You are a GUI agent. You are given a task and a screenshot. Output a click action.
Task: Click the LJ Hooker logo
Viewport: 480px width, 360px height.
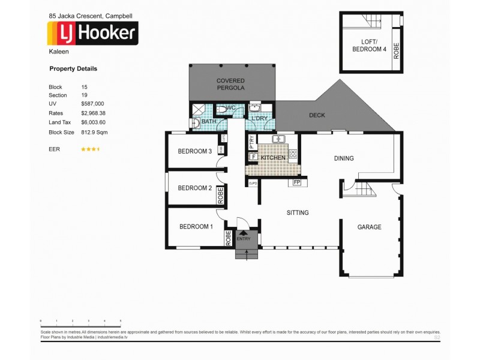[x=93, y=33]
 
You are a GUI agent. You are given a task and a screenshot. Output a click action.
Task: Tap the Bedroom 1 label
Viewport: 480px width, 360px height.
[x=196, y=227]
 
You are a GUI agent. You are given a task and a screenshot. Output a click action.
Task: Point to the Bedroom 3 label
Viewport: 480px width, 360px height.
[x=196, y=151]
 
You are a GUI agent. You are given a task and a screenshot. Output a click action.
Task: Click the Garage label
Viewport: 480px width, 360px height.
[x=369, y=227]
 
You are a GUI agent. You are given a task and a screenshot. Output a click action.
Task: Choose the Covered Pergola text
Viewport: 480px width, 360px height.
[x=230, y=84]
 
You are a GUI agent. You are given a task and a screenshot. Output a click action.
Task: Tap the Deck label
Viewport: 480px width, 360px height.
[x=317, y=115]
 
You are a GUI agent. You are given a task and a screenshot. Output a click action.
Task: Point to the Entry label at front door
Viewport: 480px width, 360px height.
[x=244, y=239]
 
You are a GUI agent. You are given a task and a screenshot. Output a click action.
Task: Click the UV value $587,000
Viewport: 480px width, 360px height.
[x=93, y=104]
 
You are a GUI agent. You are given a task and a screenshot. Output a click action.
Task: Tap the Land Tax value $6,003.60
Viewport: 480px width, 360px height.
[x=94, y=122]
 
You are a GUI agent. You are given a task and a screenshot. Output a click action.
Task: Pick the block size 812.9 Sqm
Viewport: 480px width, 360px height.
[x=95, y=131]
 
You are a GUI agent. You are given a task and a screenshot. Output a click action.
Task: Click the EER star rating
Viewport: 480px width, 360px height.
[x=91, y=148]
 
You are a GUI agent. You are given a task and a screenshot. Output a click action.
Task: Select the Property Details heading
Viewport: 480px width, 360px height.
[x=73, y=69]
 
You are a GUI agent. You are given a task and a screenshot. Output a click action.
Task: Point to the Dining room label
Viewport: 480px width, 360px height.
[x=344, y=158]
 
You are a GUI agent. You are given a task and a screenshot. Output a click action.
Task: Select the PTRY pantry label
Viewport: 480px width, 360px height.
[x=252, y=143]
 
